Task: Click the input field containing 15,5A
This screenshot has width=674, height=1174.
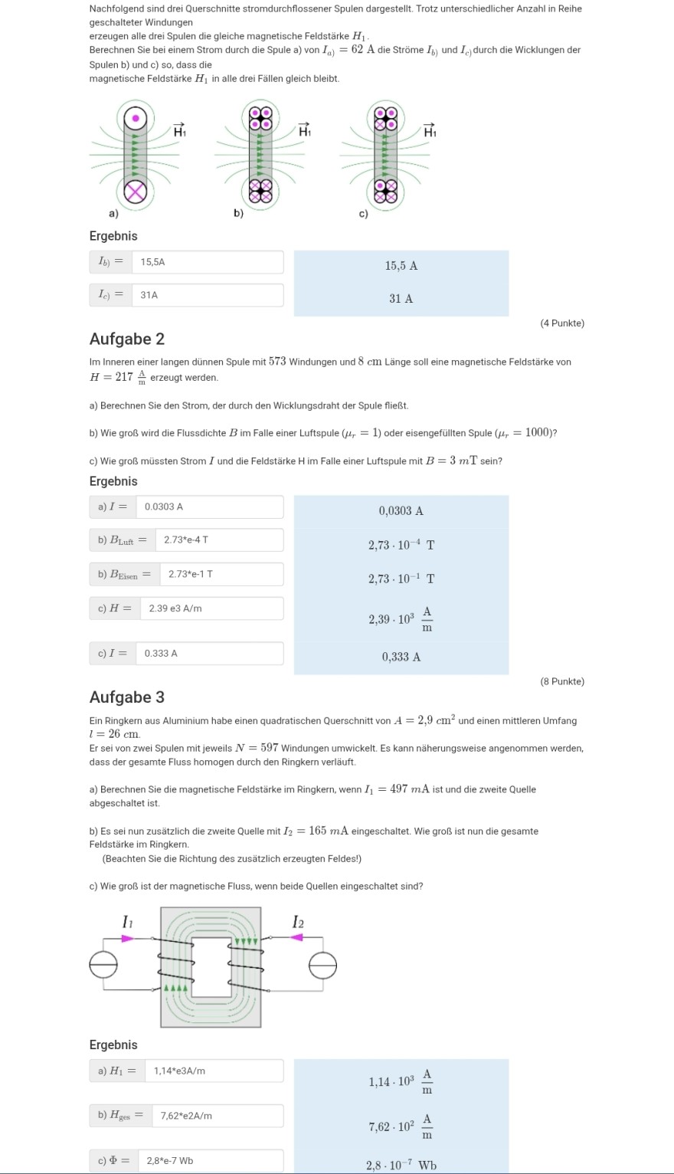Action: point(207,262)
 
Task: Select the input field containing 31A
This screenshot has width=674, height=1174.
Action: point(207,295)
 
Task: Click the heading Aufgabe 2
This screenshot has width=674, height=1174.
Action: point(127,339)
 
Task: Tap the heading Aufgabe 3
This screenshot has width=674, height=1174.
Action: point(127,697)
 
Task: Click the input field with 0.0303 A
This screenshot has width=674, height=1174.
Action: point(209,507)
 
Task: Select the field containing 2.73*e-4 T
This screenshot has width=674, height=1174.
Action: point(218,540)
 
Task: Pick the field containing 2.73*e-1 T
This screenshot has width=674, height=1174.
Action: point(221,574)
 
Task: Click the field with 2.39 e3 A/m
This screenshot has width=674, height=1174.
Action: point(211,608)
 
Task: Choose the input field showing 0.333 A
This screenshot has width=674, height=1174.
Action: point(209,654)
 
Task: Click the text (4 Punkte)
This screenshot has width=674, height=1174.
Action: point(562,323)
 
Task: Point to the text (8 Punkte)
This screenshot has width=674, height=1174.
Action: point(562,681)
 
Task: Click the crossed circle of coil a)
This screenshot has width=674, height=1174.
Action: point(136,192)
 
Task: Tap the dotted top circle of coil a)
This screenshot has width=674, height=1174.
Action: point(136,118)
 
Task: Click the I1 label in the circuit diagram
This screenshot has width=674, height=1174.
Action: point(127,923)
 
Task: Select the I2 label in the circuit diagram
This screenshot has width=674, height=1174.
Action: point(298,922)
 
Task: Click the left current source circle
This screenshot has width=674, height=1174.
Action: point(103,965)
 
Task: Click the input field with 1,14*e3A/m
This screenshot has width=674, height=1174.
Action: point(218,1071)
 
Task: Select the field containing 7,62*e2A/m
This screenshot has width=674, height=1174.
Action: point(218,1116)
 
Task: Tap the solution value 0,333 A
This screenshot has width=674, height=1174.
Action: point(401,657)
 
